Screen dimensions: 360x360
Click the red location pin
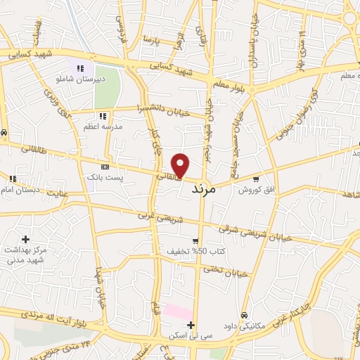tap(181, 165)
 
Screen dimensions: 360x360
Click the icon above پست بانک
tap(105, 167)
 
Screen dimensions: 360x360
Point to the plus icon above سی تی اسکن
tap(191, 325)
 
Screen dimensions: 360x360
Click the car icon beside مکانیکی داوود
tap(243, 315)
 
